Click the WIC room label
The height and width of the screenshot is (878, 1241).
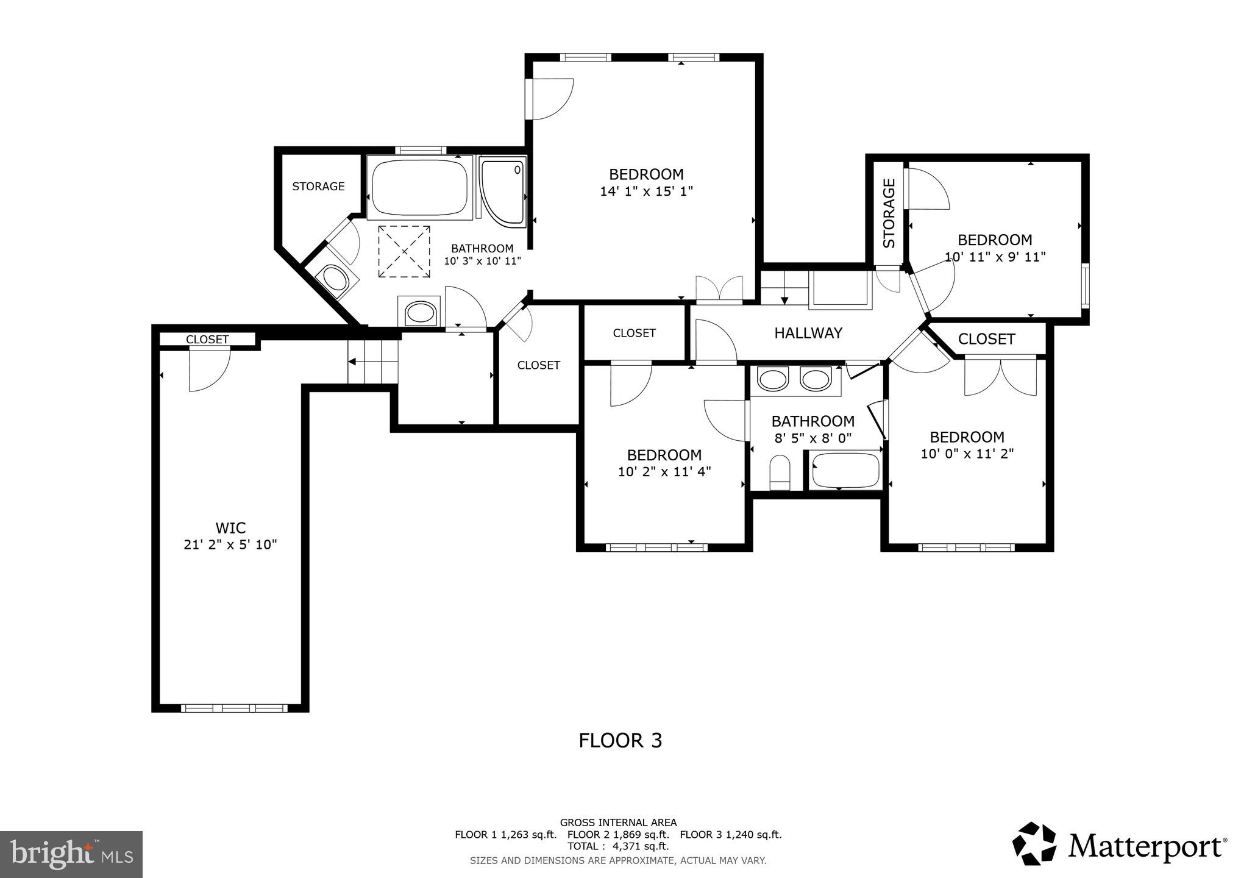click(x=230, y=528)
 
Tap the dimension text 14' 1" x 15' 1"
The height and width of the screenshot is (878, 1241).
click(x=646, y=191)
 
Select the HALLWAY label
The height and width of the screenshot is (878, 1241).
click(x=808, y=333)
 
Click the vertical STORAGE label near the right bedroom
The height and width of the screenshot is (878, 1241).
click(x=889, y=213)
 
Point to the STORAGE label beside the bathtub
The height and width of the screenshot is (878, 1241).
click(x=318, y=187)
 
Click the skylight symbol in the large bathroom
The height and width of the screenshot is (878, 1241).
click(x=404, y=251)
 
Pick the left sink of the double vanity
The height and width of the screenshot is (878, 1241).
click(x=772, y=380)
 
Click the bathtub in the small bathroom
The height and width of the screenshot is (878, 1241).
click(x=845, y=470)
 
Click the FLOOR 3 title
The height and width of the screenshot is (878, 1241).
click(x=620, y=740)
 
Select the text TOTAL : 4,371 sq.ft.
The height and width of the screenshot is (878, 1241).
click(x=618, y=846)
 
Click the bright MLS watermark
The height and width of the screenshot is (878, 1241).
click(x=71, y=854)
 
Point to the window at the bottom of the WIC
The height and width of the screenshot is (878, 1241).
click(x=234, y=708)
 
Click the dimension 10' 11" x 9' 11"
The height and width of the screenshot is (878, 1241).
click(x=995, y=257)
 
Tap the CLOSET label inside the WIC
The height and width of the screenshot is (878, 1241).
click(x=207, y=340)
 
